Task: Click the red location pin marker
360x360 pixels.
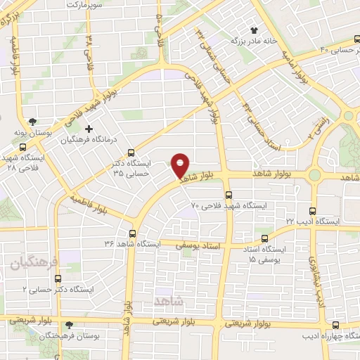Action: click(x=181, y=165)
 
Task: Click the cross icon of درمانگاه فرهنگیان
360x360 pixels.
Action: click(x=89, y=129)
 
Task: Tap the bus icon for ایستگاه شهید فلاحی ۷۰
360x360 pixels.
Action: click(x=229, y=195)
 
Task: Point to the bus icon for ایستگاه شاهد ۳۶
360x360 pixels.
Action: click(x=133, y=233)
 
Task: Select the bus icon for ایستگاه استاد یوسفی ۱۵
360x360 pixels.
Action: click(x=265, y=238)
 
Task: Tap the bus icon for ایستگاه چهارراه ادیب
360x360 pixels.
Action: click(x=335, y=325)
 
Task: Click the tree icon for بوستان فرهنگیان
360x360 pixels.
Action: click(x=69, y=326)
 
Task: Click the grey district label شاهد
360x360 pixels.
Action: click(x=167, y=300)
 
